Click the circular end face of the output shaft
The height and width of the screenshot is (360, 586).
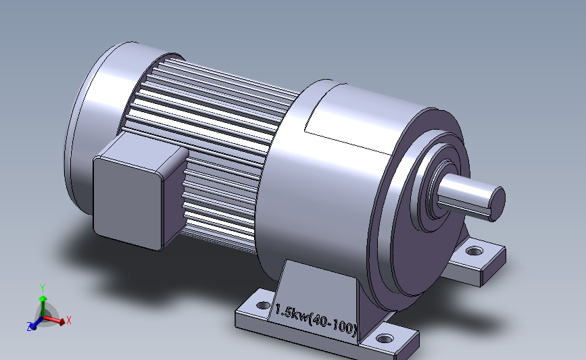(497, 204)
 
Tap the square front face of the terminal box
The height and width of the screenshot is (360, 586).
(128, 203)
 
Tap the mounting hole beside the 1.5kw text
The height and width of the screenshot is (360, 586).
(264, 305)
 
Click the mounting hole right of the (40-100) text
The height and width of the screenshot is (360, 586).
(385, 339)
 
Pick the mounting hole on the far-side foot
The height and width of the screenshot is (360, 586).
(474, 251)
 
